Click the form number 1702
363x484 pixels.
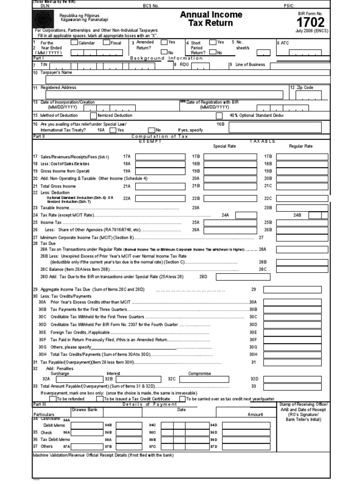click(x=310, y=22)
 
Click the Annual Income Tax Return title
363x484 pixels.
click(x=211, y=19)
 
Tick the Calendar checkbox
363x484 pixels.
click(x=74, y=43)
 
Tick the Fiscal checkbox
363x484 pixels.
click(x=106, y=43)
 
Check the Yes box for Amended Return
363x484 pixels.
click(x=164, y=42)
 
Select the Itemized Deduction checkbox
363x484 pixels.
click(x=93, y=115)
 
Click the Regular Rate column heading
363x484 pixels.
click(x=301, y=146)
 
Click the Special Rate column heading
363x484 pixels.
click(x=225, y=146)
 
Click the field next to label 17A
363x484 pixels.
click(x=153, y=156)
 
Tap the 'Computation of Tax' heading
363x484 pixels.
click(x=159, y=136)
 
